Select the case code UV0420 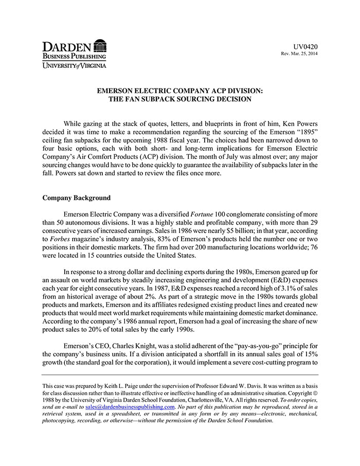(x=305, y=46)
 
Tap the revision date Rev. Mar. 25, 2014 (x=299, y=54)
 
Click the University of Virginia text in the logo (x=74, y=65)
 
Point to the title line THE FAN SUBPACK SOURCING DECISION (x=179, y=99)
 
